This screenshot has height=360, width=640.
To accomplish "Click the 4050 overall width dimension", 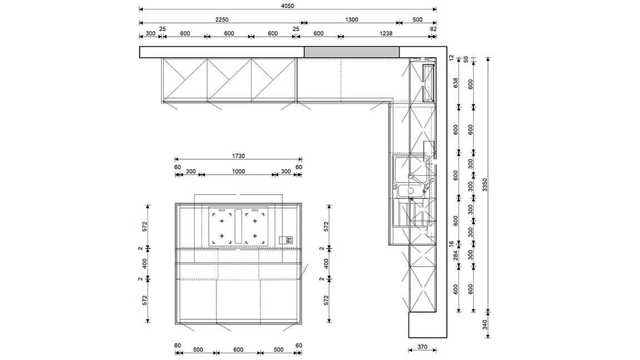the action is pyautogui.click(x=287, y=6).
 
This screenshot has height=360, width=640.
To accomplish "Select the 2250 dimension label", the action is pyautogui.click(x=221, y=19).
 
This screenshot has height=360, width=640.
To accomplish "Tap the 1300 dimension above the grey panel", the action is pyautogui.click(x=351, y=19).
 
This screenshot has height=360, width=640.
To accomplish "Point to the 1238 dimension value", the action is pyautogui.click(x=386, y=33).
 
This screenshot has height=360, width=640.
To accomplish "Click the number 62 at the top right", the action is pyautogui.click(x=433, y=29).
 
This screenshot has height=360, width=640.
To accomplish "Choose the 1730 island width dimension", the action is pyautogui.click(x=238, y=156).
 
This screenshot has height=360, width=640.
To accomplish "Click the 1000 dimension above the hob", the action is pyautogui.click(x=238, y=171).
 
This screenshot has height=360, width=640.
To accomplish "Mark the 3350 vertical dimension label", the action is pyautogui.click(x=485, y=185).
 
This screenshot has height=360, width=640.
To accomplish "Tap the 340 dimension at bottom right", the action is pyautogui.click(x=485, y=324).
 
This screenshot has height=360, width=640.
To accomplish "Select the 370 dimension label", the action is pyautogui.click(x=422, y=347).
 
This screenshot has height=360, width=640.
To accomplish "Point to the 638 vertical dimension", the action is pyautogui.click(x=455, y=83).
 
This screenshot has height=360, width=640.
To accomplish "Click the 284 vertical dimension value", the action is pyautogui.click(x=455, y=255).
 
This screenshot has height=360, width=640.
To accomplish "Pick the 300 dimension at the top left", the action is pyautogui.click(x=150, y=33).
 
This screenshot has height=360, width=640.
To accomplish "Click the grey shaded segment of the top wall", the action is pyautogui.click(x=351, y=52).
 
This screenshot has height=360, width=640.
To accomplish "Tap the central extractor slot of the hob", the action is pyautogui.click(x=238, y=226).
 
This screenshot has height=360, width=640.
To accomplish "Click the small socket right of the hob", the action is pyautogui.click(x=286, y=240).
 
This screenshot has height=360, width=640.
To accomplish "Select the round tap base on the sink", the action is pyautogui.click(x=411, y=176).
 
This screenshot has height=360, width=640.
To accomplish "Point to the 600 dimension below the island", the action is pyautogui.click(x=238, y=350).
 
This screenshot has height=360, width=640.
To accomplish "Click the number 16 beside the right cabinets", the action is pyautogui.click(x=451, y=244).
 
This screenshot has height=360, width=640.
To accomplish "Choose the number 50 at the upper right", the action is pyautogui.click(x=466, y=59).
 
